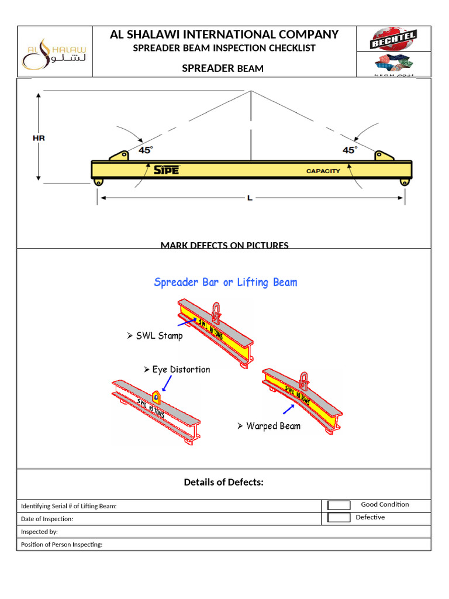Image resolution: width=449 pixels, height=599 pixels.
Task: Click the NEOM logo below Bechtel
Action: pos(392,64)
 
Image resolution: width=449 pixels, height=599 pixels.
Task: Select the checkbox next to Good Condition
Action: pos(339,505)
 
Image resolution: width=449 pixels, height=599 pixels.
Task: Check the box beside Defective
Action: pos(339,518)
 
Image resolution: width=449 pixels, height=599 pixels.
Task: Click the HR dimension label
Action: pos(39,139)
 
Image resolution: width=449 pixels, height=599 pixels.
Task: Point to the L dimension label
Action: pos(250,198)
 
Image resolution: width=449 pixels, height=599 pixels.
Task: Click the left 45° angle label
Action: pos(146,150)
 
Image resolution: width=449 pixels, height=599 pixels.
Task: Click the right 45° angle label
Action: pos(350,150)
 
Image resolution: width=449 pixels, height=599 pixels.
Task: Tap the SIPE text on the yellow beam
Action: pos(167,170)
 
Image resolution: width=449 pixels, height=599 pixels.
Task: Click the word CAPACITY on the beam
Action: pos(323,171)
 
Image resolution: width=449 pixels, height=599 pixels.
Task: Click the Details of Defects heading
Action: pos(224,483)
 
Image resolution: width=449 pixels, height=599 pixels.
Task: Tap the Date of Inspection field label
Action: pos(47,519)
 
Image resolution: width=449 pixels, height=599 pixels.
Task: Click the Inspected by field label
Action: pos(39,532)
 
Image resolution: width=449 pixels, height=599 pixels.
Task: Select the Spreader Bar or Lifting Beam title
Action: pos(225,283)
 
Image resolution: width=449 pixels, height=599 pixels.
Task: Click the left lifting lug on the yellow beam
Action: pos(119,156)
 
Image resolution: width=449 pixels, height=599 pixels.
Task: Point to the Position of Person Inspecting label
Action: pos(61,545)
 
